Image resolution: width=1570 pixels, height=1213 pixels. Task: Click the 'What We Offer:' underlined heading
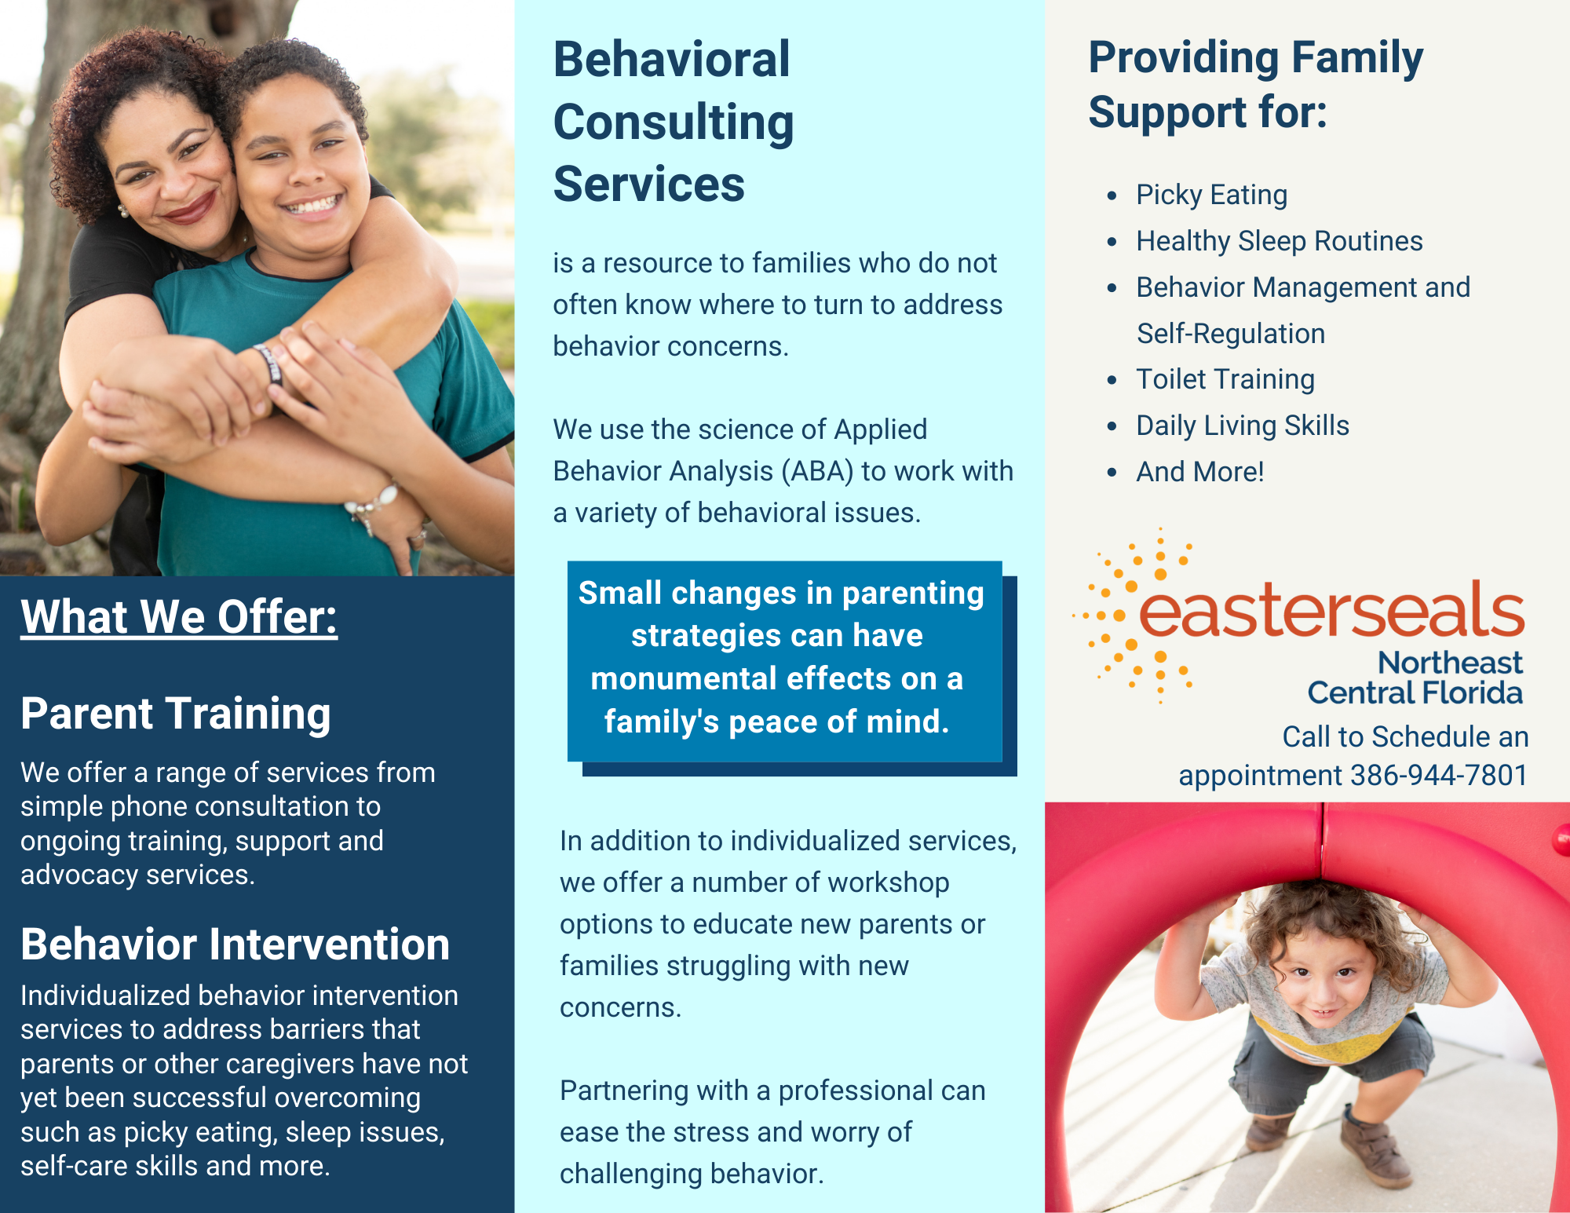pos(179,617)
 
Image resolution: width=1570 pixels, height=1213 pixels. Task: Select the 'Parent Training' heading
pos(176,714)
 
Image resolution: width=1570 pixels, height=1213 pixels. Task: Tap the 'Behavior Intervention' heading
pos(235,944)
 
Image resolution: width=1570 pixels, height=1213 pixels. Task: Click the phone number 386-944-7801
pos(1439,775)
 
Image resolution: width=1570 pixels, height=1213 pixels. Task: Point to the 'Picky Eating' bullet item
pos(1212,195)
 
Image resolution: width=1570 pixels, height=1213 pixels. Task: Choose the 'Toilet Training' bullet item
pos(1225,379)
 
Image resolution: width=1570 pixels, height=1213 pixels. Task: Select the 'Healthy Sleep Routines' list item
pos(1280,241)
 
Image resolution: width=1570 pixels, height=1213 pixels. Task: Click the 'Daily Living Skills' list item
pos(1243,426)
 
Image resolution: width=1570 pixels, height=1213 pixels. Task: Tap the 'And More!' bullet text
pos(1200,472)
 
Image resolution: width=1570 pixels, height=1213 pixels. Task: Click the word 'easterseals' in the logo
pos(1331,609)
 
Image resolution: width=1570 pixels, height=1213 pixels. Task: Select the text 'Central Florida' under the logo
pos(1415,692)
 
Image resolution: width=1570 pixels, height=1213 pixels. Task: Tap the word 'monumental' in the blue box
pos(685,678)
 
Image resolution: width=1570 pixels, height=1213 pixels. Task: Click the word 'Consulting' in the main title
pos(674,122)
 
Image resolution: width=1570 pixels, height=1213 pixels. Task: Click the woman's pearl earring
pos(122,210)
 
